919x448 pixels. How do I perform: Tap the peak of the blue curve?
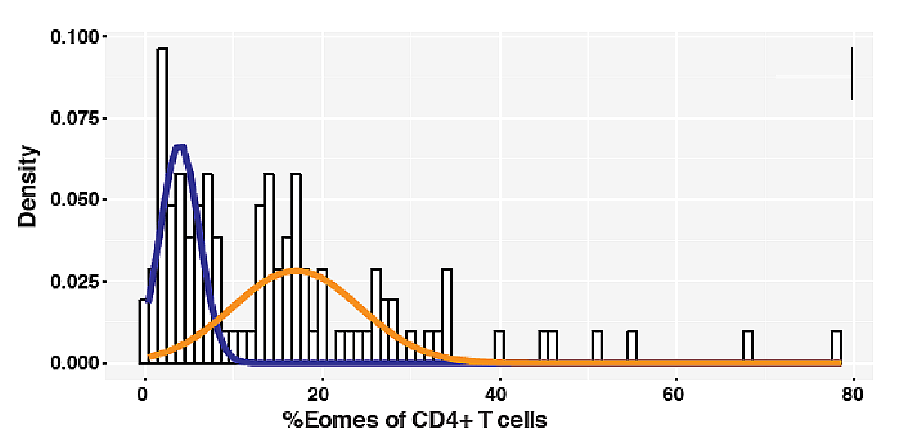pyautogui.click(x=179, y=146)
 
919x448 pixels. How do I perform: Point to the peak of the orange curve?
pyautogui.click(x=297, y=270)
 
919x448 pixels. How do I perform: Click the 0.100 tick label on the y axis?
pyautogui.click(x=74, y=37)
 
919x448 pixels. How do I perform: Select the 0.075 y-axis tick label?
pyautogui.click(x=74, y=119)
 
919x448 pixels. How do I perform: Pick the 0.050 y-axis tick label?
pyautogui.click(x=74, y=200)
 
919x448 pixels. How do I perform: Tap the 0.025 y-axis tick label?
pyautogui.click(x=74, y=282)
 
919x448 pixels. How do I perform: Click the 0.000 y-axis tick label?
pyautogui.click(x=74, y=363)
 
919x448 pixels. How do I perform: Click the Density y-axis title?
pyautogui.click(x=29, y=186)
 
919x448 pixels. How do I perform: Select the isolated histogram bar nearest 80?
pyautogui.click(x=836, y=347)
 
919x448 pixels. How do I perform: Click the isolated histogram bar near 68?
pyautogui.click(x=748, y=347)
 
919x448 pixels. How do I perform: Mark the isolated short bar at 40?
pyautogui.click(x=499, y=347)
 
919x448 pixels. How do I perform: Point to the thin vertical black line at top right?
pyautogui.click(x=851, y=74)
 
